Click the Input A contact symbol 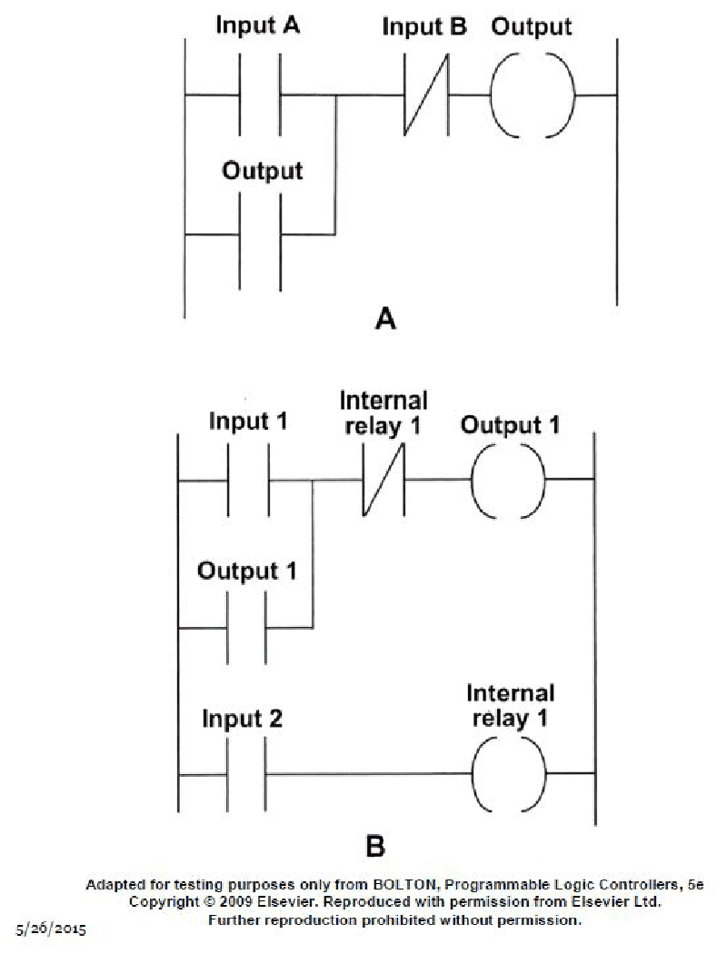[x=260, y=94]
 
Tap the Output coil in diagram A [x=532, y=94]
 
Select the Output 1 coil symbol [x=508, y=480]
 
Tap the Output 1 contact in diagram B [x=246, y=627]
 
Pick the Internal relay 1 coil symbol [x=510, y=774]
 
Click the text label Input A [x=257, y=26]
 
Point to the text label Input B [x=424, y=26]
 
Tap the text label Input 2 [x=242, y=720]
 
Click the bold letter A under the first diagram [x=387, y=320]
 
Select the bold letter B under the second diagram [x=375, y=847]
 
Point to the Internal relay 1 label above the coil [x=510, y=706]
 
